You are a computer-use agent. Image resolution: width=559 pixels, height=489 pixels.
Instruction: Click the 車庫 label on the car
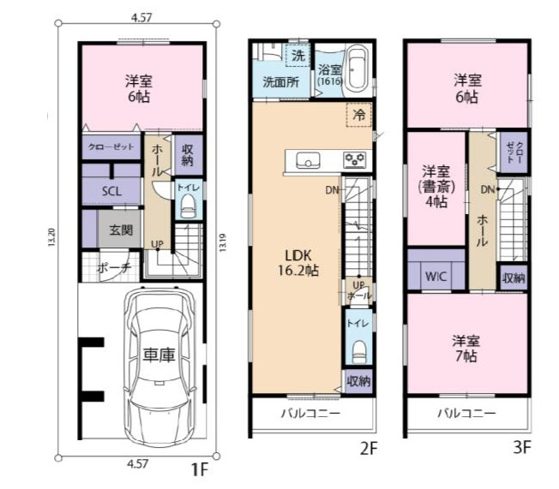[x=159, y=355]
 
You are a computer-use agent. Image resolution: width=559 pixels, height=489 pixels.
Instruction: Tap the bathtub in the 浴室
[x=358, y=69]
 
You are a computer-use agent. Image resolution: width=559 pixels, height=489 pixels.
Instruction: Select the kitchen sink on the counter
[x=308, y=161]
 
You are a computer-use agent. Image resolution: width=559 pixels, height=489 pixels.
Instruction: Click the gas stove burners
[x=355, y=160]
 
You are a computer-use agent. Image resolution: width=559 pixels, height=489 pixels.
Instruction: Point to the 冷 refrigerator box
[x=359, y=115]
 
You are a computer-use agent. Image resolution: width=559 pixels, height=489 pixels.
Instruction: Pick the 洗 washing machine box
[x=298, y=55]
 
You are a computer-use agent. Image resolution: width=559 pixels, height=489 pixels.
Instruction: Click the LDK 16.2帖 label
[x=298, y=263]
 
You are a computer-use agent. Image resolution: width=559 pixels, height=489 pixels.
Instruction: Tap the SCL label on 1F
[x=111, y=191]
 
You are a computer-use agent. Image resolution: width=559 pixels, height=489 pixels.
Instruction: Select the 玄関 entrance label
[x=121, y=230]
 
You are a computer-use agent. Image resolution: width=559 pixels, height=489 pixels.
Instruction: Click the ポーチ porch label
[x=114, y=268]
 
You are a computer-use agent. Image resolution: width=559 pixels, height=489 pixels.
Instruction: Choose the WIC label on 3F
[x=436, y=277]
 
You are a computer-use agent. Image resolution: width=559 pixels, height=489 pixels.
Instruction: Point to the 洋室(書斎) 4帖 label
[x=436, y=187]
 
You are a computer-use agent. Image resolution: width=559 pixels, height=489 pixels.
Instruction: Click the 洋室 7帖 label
[x=466, y=349]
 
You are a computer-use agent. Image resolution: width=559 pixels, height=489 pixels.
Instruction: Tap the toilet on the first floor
[x=189, y=207]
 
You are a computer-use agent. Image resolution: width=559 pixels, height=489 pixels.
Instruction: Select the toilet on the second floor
[x=359, y=352]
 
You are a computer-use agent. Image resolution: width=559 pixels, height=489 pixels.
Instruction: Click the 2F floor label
[x=369, y=449]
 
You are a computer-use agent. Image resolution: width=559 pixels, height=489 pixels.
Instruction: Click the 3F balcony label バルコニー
[x=466, y=414]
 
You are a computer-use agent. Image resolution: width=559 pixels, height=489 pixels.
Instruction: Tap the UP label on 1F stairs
[x=157, y=244]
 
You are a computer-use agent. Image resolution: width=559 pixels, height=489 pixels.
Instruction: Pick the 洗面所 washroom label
[x=281, y=82]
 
